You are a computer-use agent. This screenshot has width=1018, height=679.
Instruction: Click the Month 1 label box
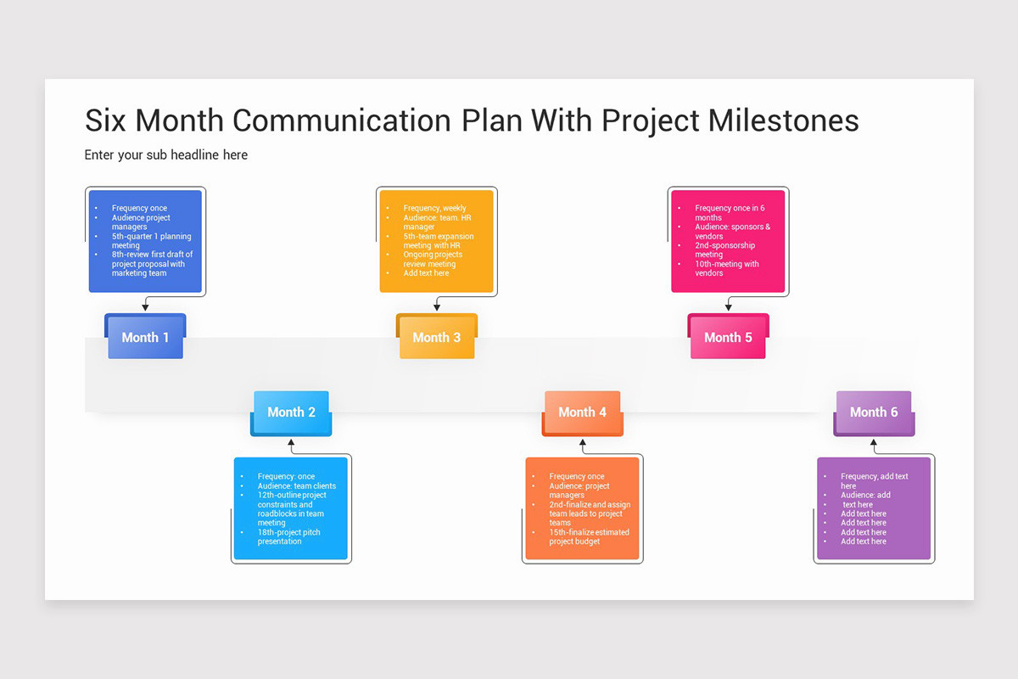(145, 338)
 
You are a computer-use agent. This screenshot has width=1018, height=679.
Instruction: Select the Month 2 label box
(291, 412)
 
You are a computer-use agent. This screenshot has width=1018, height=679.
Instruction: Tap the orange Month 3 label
(436, 338)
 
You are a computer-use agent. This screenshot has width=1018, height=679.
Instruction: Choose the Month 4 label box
(582, 412)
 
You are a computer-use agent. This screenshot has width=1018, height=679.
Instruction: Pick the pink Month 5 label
(728, 338)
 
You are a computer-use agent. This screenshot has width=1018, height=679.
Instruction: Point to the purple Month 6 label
(874, 412)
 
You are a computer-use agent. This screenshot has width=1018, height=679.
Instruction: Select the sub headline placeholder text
(166, 155)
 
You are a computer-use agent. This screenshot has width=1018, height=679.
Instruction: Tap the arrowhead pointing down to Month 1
(146, 308)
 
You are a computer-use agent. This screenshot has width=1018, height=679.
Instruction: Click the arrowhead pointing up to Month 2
(291, 442)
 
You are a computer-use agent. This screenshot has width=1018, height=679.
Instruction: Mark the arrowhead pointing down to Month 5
(728, 308)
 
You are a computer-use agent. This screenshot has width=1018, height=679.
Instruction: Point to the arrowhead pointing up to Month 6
(874, 442)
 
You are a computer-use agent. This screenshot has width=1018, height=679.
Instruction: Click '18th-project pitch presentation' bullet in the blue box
(289, 537)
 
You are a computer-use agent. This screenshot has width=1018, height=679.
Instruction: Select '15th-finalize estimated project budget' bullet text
(589, 537)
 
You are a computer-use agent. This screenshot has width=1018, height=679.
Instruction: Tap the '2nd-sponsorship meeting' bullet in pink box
(724, 250)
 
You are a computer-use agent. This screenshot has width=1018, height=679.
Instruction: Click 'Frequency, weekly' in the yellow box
(434, 209)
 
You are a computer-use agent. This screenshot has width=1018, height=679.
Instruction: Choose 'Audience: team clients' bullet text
(296, 486)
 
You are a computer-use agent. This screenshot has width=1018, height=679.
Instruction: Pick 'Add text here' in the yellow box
(426, 273)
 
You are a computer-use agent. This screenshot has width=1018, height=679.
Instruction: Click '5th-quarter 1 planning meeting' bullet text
(151, 241)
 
